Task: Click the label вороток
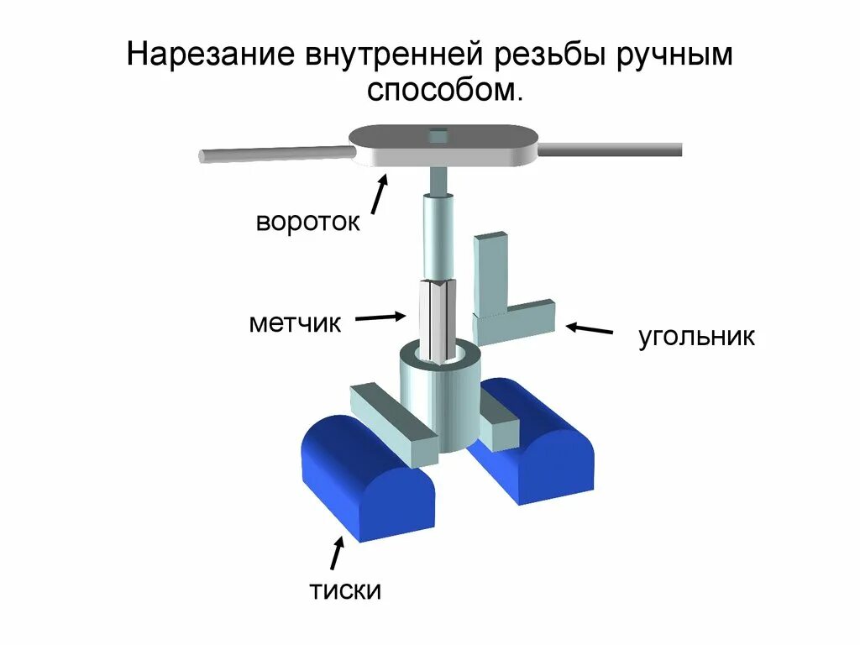pyautogui.click(x=308, y=223)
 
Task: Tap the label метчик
pyautogui.click(x=295, y=322)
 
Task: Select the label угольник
pyautogui.click(x=696, y=338)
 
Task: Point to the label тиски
pyautogui.click(x=345, y=590)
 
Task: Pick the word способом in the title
pyautogui.click(x=444, y=91)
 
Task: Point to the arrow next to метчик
pyautogui.click(x=380, y=317)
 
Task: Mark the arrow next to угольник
pyautogui.click(x=589, y=328)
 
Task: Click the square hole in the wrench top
pyautogui.click(x=438, y=134)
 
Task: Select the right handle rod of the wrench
pyautogui.click(x=610, y=149)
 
